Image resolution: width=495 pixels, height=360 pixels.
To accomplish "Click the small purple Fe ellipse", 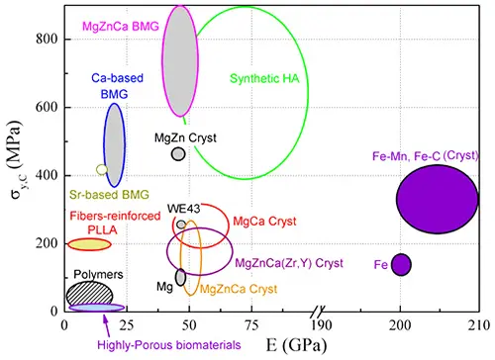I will click(x=401, y=264).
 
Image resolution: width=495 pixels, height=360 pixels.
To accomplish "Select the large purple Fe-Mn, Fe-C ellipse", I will click(x=437, y=199).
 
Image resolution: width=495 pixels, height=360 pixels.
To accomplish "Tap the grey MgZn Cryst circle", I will click(x=178, y=153).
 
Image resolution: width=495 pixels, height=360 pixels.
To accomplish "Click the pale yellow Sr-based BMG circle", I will click(x=101, y=170).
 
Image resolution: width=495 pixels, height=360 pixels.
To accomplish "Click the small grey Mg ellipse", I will click(x=180, y=277).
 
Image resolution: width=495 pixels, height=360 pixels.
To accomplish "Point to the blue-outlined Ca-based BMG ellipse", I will click(x=116, y=144).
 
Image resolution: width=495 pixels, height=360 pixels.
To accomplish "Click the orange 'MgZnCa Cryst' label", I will click(x=238, y=289).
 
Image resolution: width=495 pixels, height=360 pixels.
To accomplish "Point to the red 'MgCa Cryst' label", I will click(x=261, y=221).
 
